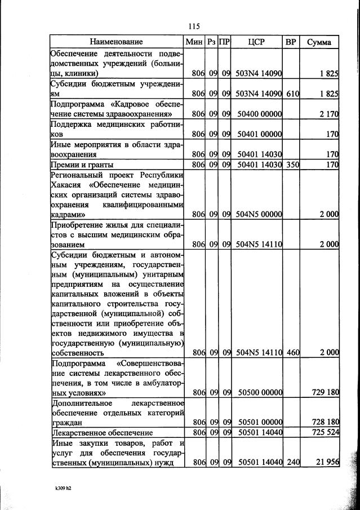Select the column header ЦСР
(x=256, y=42)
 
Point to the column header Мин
(x=194, y=42)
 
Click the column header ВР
(x=291, y=42)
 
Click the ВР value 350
(x=292, y=165)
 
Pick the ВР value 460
(x=292, y=353)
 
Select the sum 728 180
(x=325, y=422)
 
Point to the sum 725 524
(x=325, y=433)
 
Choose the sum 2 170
(x=328, y=114)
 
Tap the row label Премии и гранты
(x=82, y=165)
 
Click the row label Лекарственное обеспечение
(x=102, y=433)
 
